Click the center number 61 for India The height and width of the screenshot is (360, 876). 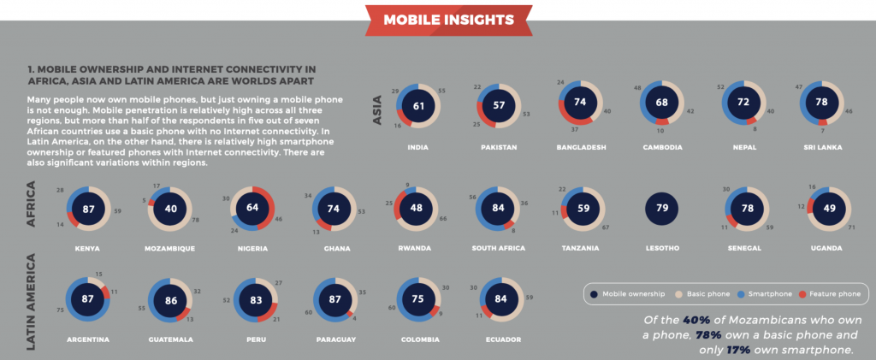(x=417, y=107)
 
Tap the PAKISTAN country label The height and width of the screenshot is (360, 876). (x=500, y=147)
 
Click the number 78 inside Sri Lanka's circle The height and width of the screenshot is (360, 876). (x=822, y=102)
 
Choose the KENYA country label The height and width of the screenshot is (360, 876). (x=86, y=249)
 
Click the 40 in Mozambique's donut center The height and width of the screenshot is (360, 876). (x=170, y=208)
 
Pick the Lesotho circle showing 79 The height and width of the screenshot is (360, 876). (x=664, y=208)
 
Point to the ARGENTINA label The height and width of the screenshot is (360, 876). (x=88, y=339)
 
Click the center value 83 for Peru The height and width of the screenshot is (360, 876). (x=254, y=300)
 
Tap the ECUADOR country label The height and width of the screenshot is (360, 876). (x=500, y=339)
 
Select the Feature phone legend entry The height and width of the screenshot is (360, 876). (x=830, y=294)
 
